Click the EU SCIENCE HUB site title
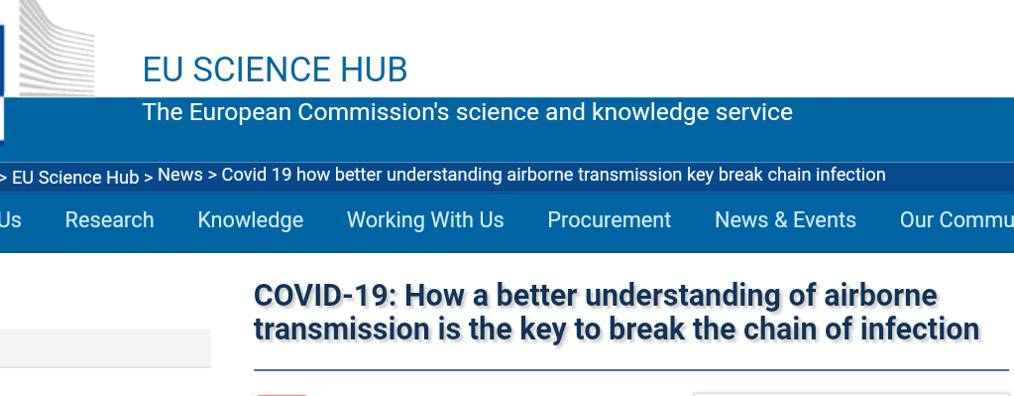point(275,69)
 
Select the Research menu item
point(109,220)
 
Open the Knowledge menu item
point(250,220)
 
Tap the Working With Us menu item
point(425,220)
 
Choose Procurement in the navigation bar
point(610,220)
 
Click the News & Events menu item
point(785,220)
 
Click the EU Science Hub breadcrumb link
point(75,178)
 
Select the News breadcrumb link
point(179,175)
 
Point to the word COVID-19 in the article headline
point(325,296)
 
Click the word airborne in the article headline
point(880,296)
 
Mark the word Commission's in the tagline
point(373,112)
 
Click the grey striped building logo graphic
point(56,49)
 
